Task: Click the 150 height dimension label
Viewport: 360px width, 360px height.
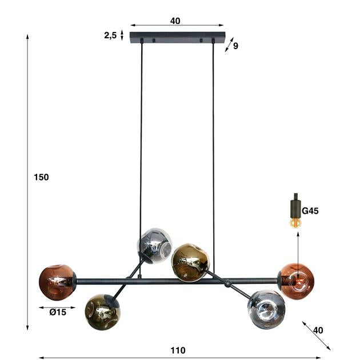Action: pyautogui.click(x=41, y=177)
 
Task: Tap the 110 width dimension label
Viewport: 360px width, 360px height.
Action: pyautogui.click(x=178, y=350)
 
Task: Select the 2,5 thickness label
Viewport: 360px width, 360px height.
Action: pyautogui.click(x=110, y=35)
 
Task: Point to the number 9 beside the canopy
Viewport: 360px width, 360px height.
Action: pyautogui.click(x=235, y=46)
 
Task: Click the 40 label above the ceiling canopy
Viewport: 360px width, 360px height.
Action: pyautogui.click(x=175, y=21)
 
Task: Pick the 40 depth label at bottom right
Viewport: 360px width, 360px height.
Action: pyautogui.click(x=318, y=330)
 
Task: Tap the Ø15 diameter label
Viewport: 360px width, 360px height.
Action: pyautogui.click(x=57, y=312)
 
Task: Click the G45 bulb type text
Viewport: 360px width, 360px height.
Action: pyautogui.click(x=310, y=211)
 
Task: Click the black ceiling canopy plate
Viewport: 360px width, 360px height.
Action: pyautogui.click(x=178, y=38)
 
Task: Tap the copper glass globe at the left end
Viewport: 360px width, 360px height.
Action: pyautogui.click(x=57, y=282)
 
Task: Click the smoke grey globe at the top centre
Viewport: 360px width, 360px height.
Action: pyautogui.click(x=154, y=245)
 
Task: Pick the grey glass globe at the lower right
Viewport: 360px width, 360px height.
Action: pyautogui.click(x=266, y=309)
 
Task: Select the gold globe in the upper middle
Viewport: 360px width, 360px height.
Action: pyautogui.click(x=190, y=262)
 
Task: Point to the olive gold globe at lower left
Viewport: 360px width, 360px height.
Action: pyautogui.click(x=102, y=312)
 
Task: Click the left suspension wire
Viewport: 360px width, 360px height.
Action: pyautogui.click(x=141, y=143)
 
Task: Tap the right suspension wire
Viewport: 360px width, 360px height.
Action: pyautogui.click(x=213, y=143)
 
